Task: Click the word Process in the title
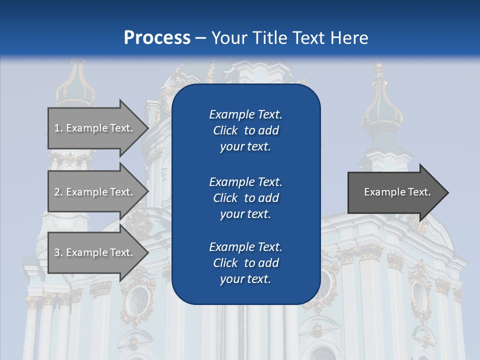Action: pyautogui.click(x=157, y=37)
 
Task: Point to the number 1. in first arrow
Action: pyautogui.click(x=58, y=128)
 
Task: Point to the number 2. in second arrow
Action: pyautogui.click(x=58, y=192)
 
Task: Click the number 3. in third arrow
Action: pyautogui.click(x=58, y=252)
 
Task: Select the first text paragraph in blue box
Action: pyautogui.click(x=245, y=130)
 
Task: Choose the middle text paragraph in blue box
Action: pyautogui.click(x=245, y=197)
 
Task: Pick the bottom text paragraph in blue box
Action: pyautogui.click(x=245, y=263)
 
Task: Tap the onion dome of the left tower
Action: pyautogui.click(x=75, y=90)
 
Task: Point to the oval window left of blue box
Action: pyautogui.click(x=138, y=300)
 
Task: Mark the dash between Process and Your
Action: pyautogui.click(x=201, y=38)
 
